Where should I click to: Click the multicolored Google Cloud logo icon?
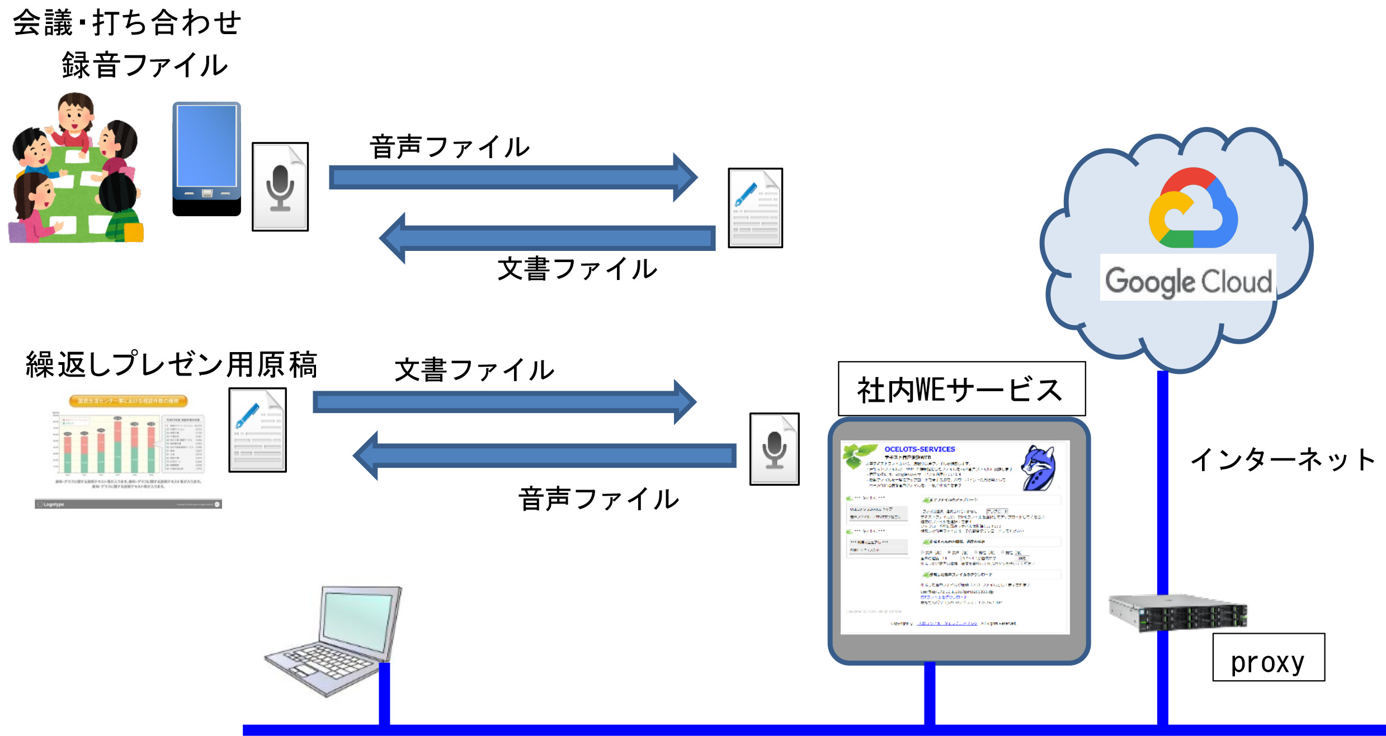pyautogui.click(x=1192, y=209)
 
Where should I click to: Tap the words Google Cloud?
pyautogui.click(x=1188, y=281)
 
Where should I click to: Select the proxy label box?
pyautogui.click(x=1268, y=658)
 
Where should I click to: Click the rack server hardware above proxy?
pyautogui.click(x=1178, y=613)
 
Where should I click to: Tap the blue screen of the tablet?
pyautogui.click(x=206, y=145)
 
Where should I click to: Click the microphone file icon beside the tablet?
pyautogui.click(x=280, y=187)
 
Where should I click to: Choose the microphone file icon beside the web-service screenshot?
pyautogui.click(x=774, y=449)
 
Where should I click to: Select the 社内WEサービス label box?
pyautogui.click(x=961, y=389)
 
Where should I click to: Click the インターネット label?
pyautogui.click(x=1281, y=460)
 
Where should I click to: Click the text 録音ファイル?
pyautogui.click(x=144, y=65)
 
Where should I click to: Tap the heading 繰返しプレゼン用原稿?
pyautogui.click(x=171, y=365)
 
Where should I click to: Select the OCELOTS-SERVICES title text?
pyautogui.click(x=920, y=449)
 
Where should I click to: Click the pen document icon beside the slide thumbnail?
pyautogui.click(x=257, y=430)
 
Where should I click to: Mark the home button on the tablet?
pyautogui.click(x=207, y=193)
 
